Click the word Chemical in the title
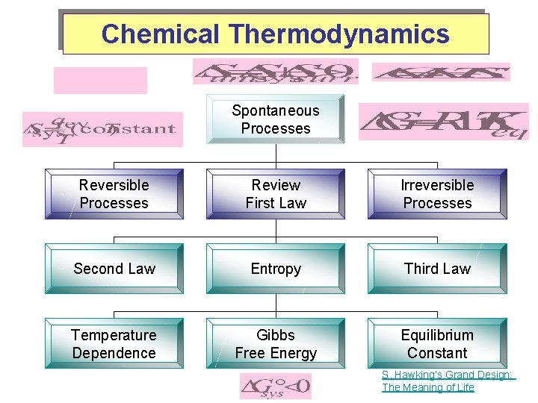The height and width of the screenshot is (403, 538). (161, 34)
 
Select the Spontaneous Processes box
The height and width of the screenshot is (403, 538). (275, 119)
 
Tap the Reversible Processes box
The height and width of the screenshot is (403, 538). (114, 194)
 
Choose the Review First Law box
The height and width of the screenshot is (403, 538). (276, 194)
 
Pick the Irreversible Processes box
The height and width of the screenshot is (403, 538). (437, 194)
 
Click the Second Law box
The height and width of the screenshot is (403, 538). (114, 269)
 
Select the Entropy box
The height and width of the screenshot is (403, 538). (276, 269)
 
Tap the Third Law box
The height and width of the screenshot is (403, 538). (437, 269)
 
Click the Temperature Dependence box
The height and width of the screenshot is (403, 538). (114, 344)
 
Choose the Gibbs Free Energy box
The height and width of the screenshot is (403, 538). (276, 344)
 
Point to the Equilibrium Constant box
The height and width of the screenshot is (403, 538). (437, 344)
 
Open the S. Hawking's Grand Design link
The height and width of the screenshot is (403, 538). (448, 375)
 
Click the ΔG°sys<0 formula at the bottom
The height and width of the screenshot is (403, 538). (275, 387)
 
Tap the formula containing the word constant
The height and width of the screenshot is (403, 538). (102, 129)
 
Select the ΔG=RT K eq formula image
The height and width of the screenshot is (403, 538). (443, 122)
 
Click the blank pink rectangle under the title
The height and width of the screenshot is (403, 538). (100, 80)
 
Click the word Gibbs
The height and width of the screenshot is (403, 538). (276, 335)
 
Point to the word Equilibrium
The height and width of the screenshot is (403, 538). (437, 335)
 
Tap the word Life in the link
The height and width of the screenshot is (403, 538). (463, 387)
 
